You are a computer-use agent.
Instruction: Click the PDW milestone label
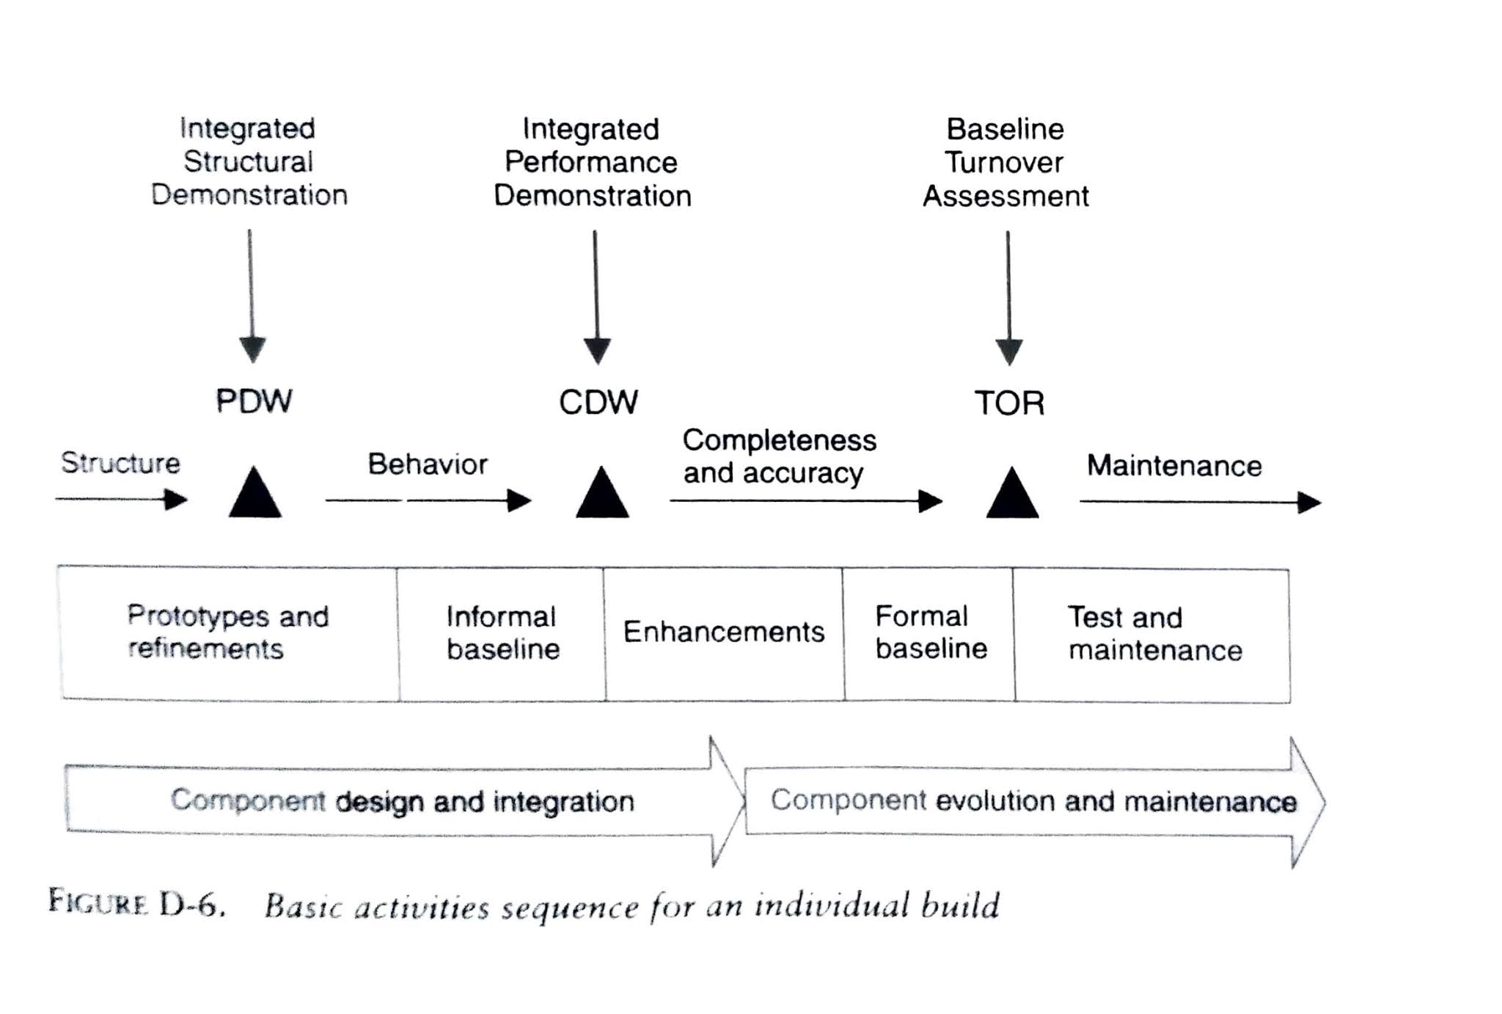pos(254,401)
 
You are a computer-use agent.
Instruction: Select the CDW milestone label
pos(598,402)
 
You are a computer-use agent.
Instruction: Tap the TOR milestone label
pos(1009,404)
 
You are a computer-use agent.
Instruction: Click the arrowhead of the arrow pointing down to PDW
pos(252,349)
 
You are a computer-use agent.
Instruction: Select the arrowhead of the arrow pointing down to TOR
pos(1009,351)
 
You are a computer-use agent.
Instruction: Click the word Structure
pos(120,463)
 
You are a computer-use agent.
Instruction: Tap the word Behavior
pos(428,464)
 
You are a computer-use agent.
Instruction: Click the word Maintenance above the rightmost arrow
pos(1174,466)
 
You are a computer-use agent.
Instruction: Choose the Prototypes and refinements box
pos(229,632)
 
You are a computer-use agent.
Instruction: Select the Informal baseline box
pos(502,633)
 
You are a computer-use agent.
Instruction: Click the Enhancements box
pos(724,632)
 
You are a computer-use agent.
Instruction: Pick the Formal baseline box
pos(930,632)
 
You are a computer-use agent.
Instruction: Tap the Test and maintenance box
pos(1153,634)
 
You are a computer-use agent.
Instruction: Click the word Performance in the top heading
pos(591,162)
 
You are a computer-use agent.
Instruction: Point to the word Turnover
pos(1004,162)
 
